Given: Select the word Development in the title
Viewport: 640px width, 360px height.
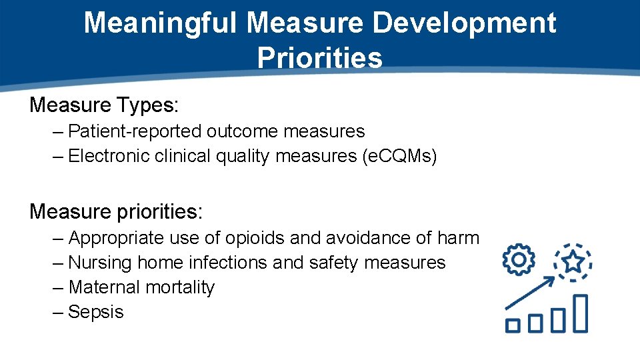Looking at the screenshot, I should click(464, 23).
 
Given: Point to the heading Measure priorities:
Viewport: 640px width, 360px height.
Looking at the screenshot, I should click(116, 211).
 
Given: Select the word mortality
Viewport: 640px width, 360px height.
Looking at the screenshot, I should click(180, 287).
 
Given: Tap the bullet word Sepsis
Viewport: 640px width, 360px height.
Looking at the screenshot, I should click(96, 312).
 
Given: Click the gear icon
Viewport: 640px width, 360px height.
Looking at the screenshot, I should click(519, 259).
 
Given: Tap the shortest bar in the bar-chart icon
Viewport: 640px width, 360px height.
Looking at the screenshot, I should click(512, 325).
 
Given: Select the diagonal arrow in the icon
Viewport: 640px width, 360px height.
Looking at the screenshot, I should click(531, 294).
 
